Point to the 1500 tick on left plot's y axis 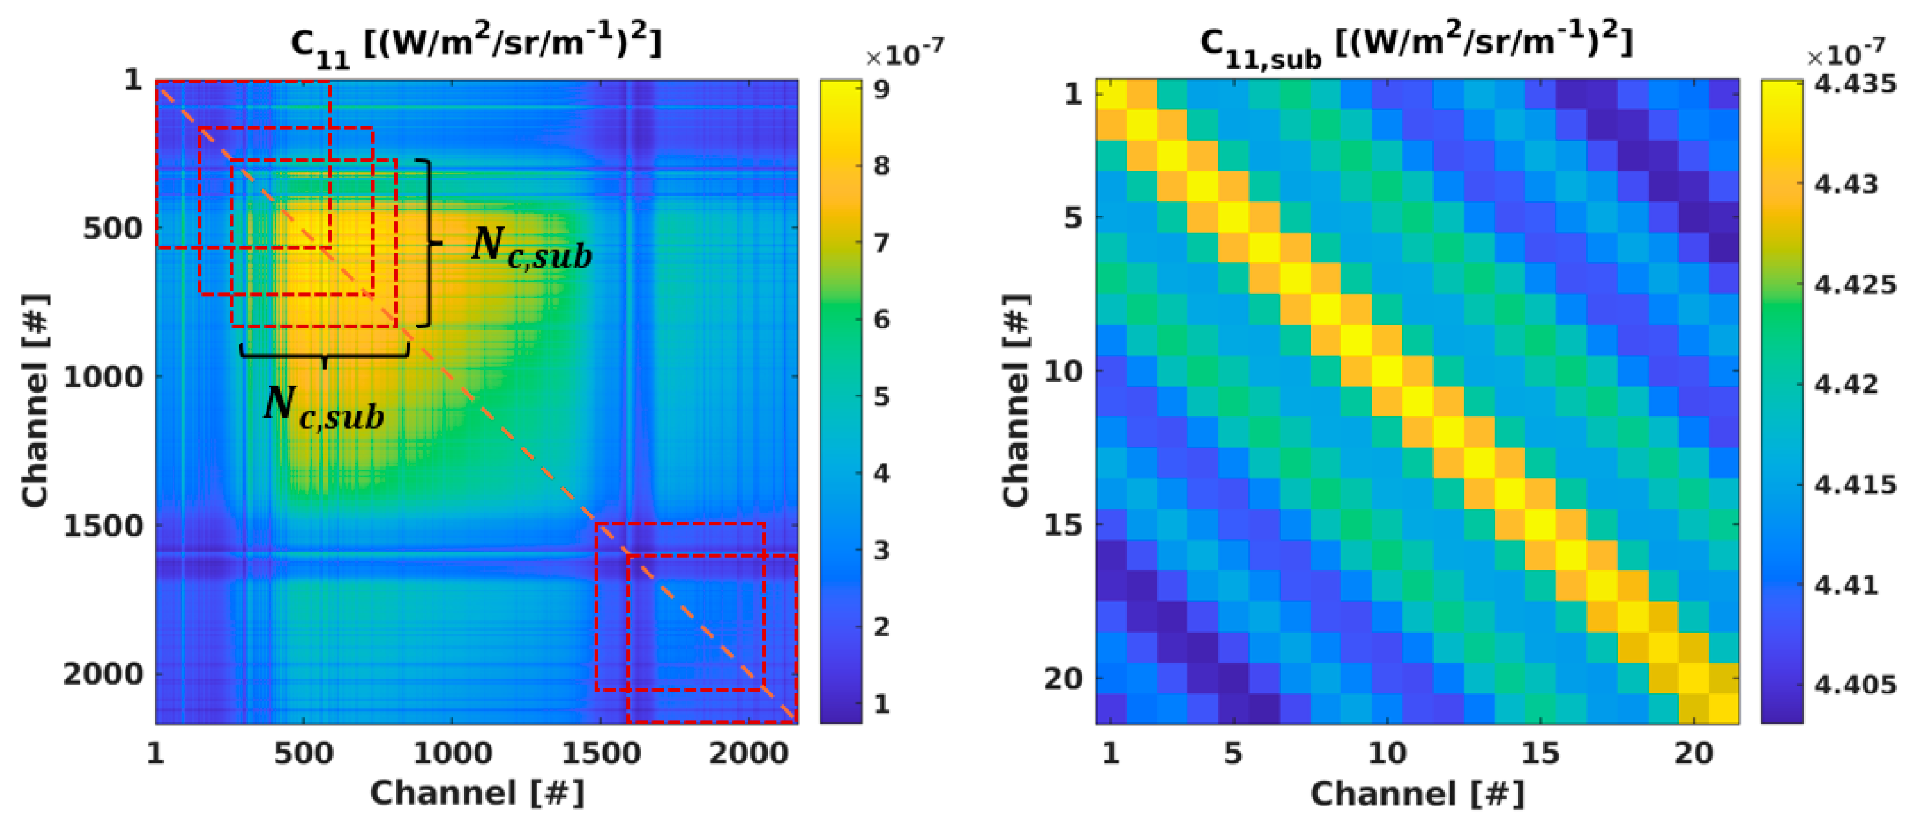(102, 525)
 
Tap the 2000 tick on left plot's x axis (748, 753)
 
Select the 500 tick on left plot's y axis (112, 227)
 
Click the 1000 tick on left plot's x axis (452, 753)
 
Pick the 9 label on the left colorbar (882, 89)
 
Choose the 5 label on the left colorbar (882, 396)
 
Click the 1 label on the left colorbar (882, 703)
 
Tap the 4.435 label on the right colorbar (1855, 84)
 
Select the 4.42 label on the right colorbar (1846, 385)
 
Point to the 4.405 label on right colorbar (1855, 685)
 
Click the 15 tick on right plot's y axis (1063, 525)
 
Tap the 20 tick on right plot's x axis (1693, 753)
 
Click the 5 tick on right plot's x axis (1233, 753)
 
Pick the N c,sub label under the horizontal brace (324, 407)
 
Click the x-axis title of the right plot (1417, 794)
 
